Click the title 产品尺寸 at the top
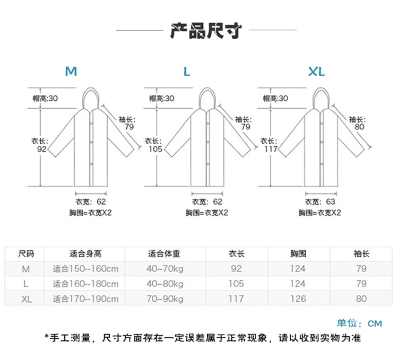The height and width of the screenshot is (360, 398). coord(206,31)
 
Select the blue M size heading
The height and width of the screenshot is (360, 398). coord(71,71)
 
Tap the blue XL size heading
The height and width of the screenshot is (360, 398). coord(317,71)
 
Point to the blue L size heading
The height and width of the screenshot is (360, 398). coord(186,71)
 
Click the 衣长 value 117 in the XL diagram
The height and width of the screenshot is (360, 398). coord(271,149)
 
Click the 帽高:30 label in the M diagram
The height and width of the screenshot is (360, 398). coord(45,98)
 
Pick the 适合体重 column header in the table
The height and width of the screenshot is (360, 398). coord(166,253)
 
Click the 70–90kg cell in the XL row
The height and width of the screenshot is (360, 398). coord(166,299)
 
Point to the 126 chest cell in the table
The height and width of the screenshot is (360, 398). coord(298,299)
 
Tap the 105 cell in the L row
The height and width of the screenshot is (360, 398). coord(236,284)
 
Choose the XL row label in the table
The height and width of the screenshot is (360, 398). coord(27,299)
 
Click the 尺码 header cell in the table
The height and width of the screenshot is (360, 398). coord(27,253)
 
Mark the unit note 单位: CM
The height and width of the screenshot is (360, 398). coord(359,323)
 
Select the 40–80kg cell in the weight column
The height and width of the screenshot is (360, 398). coord(166,284)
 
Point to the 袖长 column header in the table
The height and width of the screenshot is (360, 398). coord(361,253)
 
